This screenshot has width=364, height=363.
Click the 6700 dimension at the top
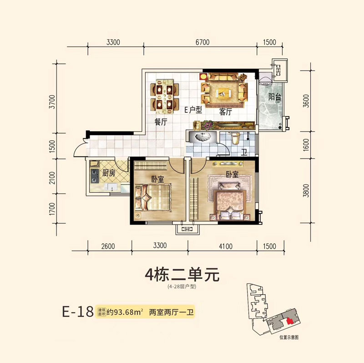click(x=202, y=42)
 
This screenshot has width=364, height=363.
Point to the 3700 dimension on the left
click(x=53, y=102)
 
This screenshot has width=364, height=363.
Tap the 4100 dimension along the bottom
click(x=225, y=246)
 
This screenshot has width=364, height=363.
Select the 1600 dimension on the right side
click(x=306, y=145)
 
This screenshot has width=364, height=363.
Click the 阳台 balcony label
click(x=275, y=97)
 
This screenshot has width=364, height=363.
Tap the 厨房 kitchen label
click(x=109, y=173)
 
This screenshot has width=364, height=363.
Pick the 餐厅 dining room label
click(x=161, y=122)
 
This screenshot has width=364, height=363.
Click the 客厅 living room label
click(x=226, y=112)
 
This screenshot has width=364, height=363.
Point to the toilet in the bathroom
click(x=235, y=139)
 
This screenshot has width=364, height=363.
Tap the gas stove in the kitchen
click(x=95, y=176)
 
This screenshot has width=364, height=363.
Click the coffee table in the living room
click(x=224, y=93)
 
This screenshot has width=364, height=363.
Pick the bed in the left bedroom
click(x=152, y=198)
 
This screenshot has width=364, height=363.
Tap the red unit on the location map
click(x=289, y=322)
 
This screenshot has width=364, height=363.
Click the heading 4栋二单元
click(x=182, y=275)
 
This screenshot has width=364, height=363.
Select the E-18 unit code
click(x=78, y=312)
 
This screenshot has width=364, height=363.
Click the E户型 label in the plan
click(x=193, y=110)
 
